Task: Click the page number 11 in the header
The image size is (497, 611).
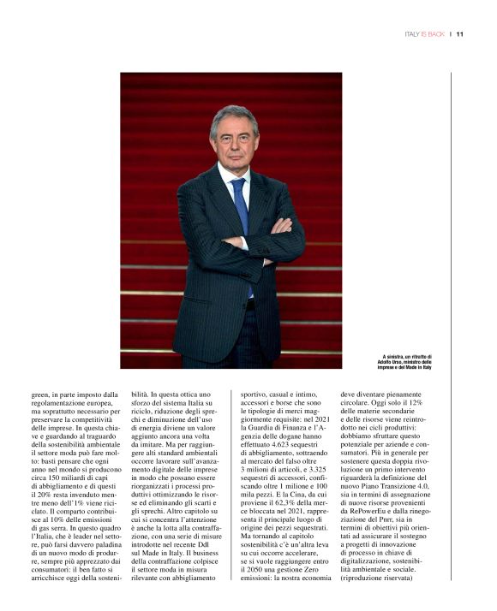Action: click(460, 34)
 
